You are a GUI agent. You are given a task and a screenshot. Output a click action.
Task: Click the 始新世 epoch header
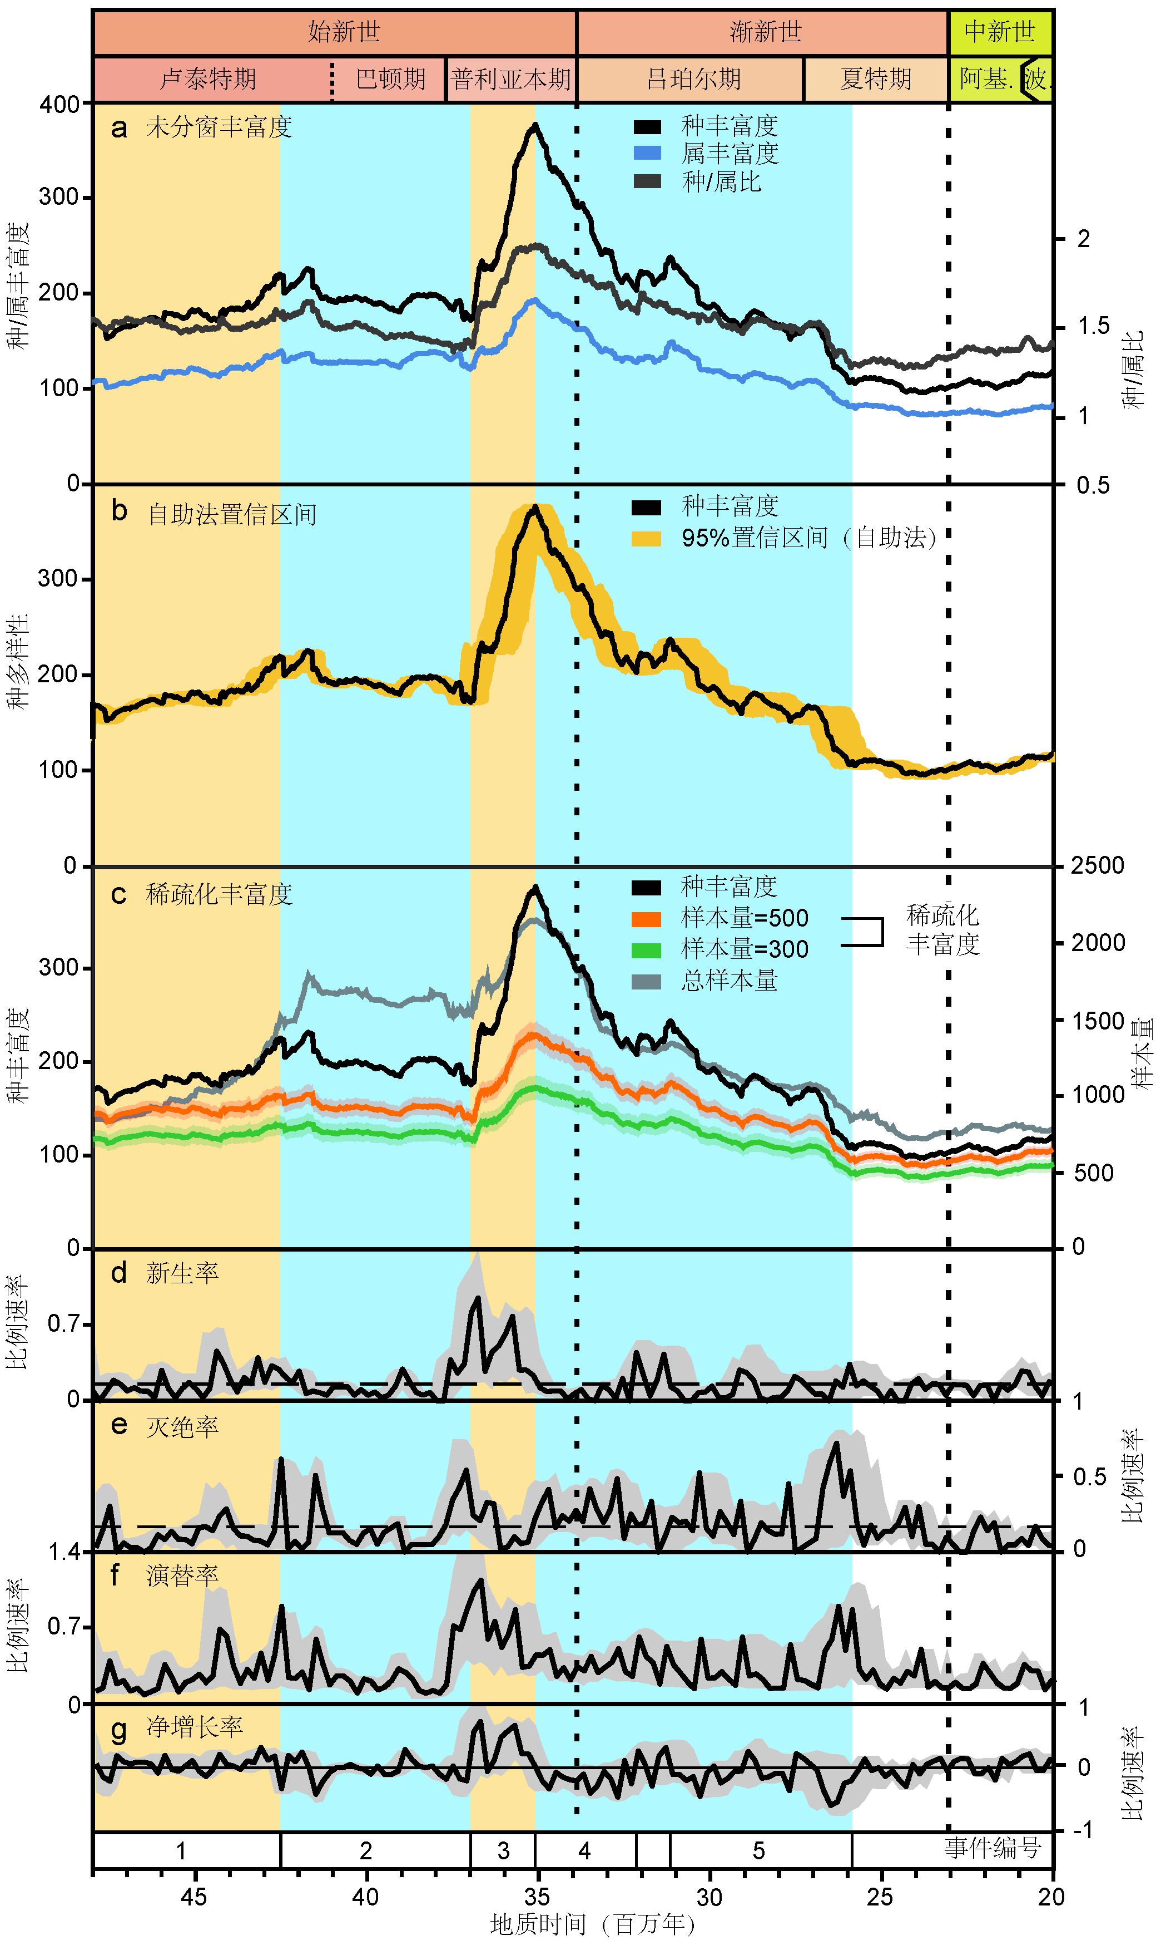[x=344, y=32]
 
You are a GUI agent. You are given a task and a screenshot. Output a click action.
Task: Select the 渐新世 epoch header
[x=765, y=32]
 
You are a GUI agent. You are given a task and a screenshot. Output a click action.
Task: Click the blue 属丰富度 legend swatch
[x=647, y=154]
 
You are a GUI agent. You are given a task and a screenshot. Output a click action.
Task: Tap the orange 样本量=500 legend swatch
[x=647, y=919]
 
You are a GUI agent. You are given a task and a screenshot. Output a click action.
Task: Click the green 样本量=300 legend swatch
[x=647, y=950]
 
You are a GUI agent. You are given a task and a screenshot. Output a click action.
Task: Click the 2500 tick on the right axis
[x=1098, y=866]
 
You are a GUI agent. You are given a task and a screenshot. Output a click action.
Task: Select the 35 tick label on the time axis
[x=537, y=1897]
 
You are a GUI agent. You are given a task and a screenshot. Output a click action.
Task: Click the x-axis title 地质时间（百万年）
[x=592, y=1925]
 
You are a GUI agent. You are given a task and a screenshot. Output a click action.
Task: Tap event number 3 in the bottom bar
[x=503, y=1851]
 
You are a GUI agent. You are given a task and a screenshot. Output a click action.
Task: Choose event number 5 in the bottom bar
[x=759, y=1851]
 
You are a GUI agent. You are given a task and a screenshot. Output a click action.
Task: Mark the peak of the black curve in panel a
[x=535, y=124]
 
